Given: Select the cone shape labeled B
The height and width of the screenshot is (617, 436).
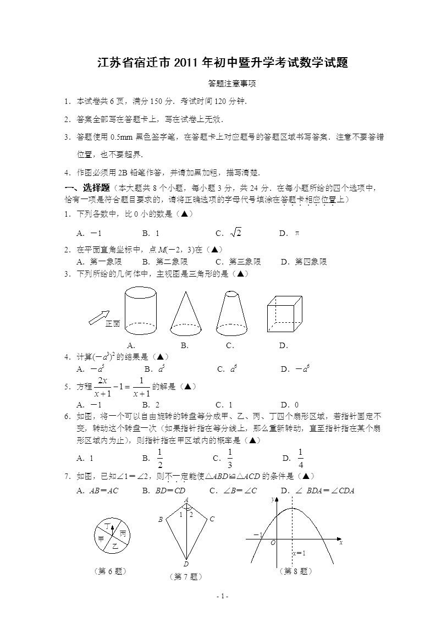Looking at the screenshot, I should click(x=185, y=313).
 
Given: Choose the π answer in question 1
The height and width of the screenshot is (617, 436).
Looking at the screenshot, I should click(x=297, y=233).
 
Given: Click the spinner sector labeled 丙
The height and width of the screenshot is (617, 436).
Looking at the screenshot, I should click(x=123, y=534).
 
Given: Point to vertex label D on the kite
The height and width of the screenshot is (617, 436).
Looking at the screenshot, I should click(x=186, y=564).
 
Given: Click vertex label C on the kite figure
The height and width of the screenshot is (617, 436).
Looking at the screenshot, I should click(x=212, y=519).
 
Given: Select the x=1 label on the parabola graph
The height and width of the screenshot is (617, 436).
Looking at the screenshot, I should click(x=299, y=553).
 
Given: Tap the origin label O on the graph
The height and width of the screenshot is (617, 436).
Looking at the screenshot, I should click(x=273, y=542).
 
